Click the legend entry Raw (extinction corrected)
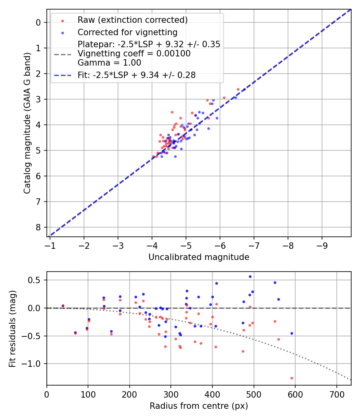[132, 20]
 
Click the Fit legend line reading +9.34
[136, 75]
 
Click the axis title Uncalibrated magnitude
[199, 257]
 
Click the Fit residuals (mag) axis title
[12, 328]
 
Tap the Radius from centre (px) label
[199, 406]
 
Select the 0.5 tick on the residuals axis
[36, 280]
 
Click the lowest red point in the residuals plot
[292, 378]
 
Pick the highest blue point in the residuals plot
[250, 276]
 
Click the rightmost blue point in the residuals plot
[292, 333]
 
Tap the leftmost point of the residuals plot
[63, 306]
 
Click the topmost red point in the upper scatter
[238, 89]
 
